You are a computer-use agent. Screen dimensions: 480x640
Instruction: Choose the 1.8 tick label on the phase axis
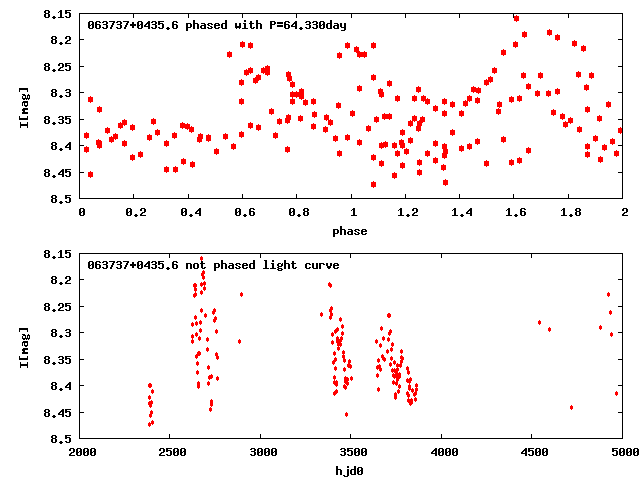(569, 212)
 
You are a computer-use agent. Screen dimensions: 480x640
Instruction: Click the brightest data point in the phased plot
(516, 18)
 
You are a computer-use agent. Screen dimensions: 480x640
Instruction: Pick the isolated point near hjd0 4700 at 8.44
(571, 407)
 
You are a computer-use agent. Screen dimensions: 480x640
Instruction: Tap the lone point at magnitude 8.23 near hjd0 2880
(241, 294)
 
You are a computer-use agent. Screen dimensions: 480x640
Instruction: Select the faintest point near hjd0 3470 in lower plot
(347, 414)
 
